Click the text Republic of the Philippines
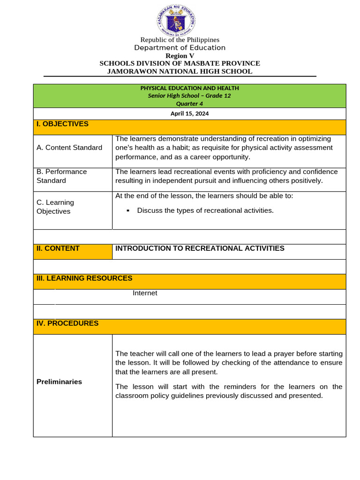180,40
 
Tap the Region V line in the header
180,56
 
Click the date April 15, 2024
189,113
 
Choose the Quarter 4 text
189,104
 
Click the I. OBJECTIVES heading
62,124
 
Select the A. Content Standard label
69,148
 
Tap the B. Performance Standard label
61,176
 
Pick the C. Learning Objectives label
55,207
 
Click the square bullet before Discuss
127,211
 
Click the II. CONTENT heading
58,248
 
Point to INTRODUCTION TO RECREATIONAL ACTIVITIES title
200,248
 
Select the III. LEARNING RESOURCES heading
84,278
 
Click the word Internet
145,293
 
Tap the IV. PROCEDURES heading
67,323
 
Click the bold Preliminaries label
59,382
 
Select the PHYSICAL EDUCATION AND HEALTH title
189,88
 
